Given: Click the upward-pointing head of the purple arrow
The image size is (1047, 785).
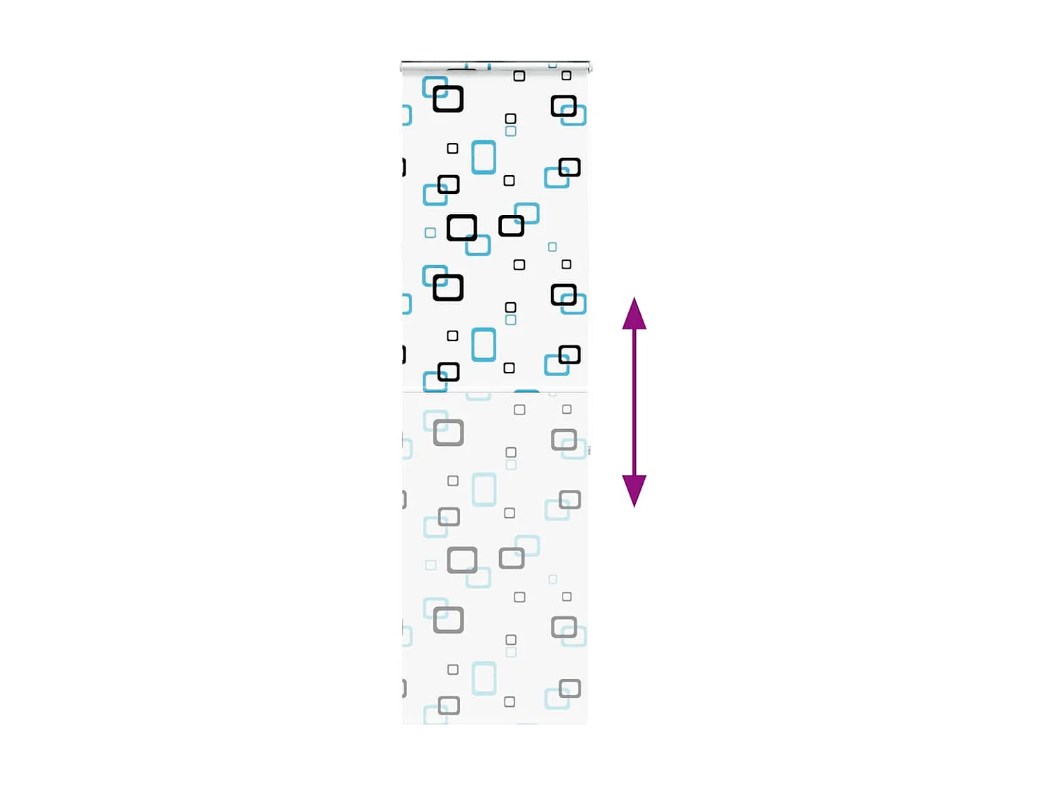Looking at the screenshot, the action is click(x=634, y=314).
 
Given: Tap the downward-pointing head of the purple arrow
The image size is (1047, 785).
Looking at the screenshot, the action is click(x=634, y=490).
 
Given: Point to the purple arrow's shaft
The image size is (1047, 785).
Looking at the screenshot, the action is click(x=634, y=402).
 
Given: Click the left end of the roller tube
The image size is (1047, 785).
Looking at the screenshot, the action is click(x=403, y=67).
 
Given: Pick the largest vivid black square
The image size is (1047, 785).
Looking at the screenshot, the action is click(x=461, y=227).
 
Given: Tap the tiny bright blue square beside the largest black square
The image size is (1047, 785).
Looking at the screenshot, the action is click(x=430, y=232).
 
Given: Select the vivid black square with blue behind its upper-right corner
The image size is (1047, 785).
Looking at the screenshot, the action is click(x=511, y=225).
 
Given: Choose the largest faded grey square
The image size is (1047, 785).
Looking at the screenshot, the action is click(x=462, y=560).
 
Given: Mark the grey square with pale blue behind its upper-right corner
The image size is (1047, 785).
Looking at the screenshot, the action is click(x=512, y=558).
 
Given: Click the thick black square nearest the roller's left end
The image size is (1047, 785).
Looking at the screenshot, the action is click(x=447, y=98).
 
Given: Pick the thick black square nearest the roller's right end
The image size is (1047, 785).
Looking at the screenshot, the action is click(x=563, y=106).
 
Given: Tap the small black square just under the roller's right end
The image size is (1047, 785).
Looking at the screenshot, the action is click(x=566, y=75).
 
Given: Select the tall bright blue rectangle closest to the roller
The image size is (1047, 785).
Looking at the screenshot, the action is click(x=484, y=157).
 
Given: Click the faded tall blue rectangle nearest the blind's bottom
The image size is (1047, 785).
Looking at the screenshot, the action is click(x=484, y=678).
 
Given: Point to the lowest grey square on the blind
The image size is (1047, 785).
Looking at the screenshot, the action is click(x=449, y=705).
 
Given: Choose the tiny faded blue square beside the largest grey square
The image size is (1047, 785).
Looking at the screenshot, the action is click(x=431, y=565).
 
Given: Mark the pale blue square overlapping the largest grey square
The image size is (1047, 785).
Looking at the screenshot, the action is click(x=479, y=578).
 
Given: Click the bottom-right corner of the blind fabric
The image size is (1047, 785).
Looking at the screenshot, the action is click(x=586, y=723).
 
